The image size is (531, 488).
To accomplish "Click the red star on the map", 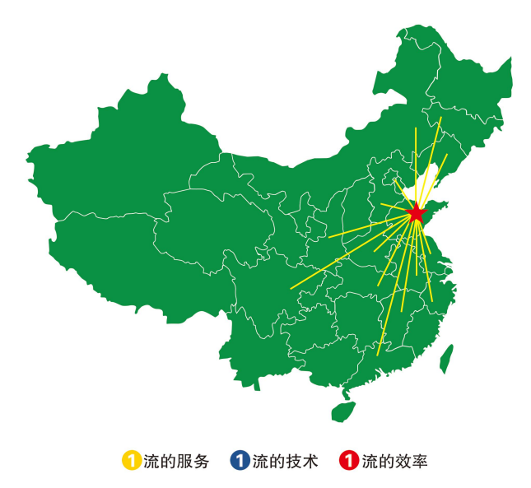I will pyautogui.click(x=415, y=213).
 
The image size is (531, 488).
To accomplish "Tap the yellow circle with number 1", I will pyautogui.click(x=131, y=461).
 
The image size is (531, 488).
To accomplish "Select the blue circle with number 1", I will pyautogui.click(x=240, y=461).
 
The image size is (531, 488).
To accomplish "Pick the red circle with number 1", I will pyautogui.click(x=349, y=461).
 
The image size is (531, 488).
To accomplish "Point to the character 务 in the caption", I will pyautogui.click(x=200, y=461).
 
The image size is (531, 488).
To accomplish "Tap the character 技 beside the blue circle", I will pyautogui.click(x=292, y=461).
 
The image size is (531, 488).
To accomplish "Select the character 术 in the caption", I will pyautogui.click(x=310, y=461).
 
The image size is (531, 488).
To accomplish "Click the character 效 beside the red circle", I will pyautogui.click(x=402, y=461).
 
